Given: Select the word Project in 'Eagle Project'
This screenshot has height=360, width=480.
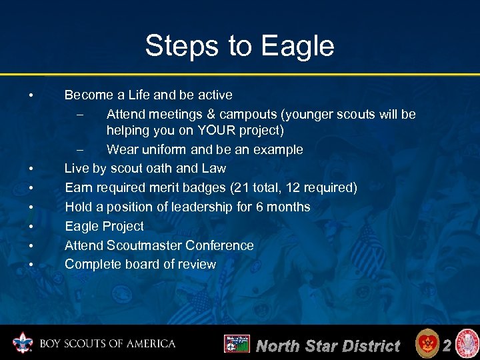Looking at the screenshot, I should [x=121, y=226].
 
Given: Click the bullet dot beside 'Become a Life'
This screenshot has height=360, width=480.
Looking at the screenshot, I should [x=31, y=95].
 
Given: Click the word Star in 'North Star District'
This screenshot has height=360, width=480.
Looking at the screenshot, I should [x=325, y=345].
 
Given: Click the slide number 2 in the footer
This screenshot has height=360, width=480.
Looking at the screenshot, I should [x=447, y=345].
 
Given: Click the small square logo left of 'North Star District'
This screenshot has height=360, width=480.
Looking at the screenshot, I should [x=237, y=344].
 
